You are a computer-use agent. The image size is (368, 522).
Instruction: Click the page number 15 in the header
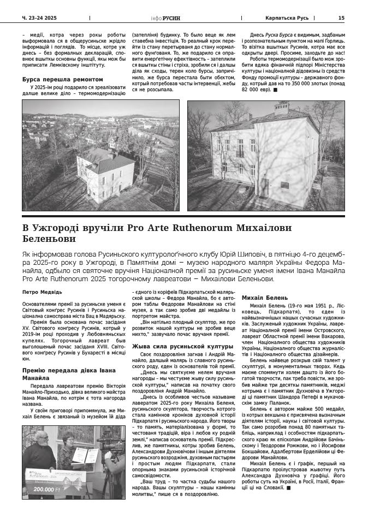coord(341,17)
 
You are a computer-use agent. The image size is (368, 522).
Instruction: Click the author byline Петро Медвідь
coord(38,292)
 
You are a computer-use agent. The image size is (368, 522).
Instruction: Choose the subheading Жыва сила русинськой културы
coord(175,346)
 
